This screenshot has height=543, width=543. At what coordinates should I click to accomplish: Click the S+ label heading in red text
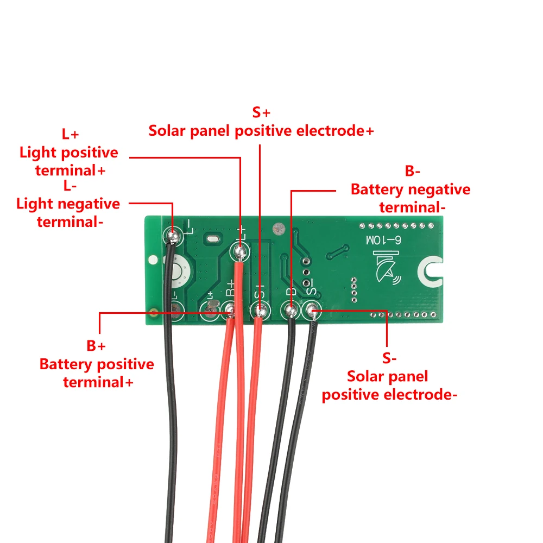pyautogui.click(x=261, y=112)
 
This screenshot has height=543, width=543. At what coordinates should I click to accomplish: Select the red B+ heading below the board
pyautogui.click(x=96, y=345)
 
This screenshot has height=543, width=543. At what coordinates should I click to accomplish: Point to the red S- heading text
pyautogui.click(x=389, y=358)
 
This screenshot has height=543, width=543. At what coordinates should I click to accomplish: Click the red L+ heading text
pyautogui.click(x=70, y=134)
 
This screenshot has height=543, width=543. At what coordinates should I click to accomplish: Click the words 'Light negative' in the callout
pyautogui.click(x=68, y=204)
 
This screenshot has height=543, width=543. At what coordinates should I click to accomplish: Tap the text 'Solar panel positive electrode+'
pyautogui.click(x=261, y=131)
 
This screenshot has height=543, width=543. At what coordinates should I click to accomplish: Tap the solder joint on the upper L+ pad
pyautogui.click(x=239, y=251)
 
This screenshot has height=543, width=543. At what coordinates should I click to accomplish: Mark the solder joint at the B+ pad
pyautogui.click(x=230, y=311)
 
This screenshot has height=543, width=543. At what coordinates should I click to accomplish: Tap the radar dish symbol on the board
pyautogui.click(x=388, y=268)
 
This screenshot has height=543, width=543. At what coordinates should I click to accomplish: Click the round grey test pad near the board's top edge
pyautogui.click(x=279, y=229)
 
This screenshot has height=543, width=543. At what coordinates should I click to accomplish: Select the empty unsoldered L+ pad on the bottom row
pyautogui.click(x=209, y=311)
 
